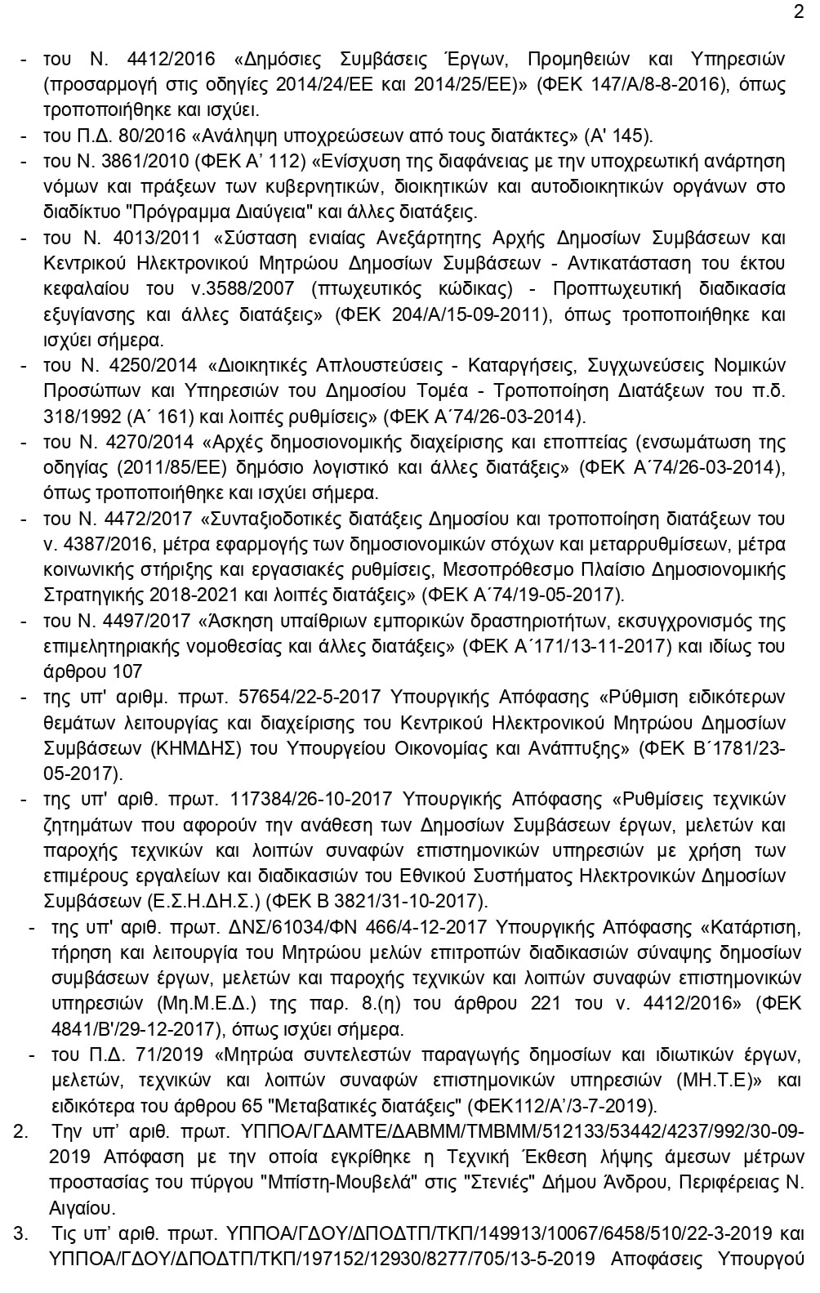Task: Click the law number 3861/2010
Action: click(145, 161)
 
